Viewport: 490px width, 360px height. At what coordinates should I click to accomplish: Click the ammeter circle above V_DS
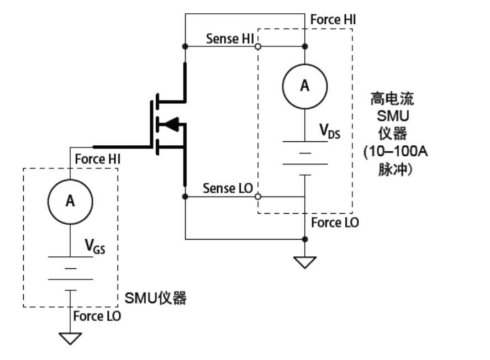(304, 86)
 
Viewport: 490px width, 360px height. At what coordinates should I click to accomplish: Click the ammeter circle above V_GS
(70, 201)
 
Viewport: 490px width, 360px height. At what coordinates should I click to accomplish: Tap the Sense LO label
(228, 188)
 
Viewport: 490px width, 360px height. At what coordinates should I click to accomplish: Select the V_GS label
(94, 246)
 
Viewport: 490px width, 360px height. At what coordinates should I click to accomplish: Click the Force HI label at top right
(333, 19)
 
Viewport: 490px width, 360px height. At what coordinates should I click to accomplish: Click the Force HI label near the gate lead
(98, 159)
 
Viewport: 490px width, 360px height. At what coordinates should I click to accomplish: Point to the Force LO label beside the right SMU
(335, 223)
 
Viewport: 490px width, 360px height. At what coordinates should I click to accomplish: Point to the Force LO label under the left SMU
(97, 316)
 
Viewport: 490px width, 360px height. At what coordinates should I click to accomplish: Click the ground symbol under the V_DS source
(305, 262)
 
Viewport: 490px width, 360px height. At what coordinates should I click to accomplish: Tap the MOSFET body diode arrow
(171, 125)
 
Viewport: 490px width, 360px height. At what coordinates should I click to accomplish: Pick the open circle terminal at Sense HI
(257, 47)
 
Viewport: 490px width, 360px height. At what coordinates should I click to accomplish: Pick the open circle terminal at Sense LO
(257, 196)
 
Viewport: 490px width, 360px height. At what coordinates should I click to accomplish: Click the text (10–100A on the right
(396, 152)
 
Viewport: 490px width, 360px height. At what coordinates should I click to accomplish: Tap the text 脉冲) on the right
(394, 169)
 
